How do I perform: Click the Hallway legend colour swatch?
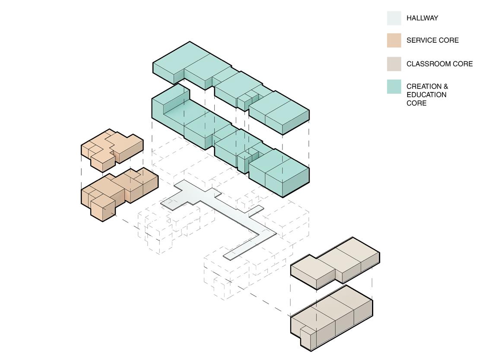point(394,18)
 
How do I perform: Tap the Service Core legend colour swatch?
point(394,41)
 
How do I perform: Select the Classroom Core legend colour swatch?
point(394,64)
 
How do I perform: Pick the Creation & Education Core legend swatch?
point(394,87)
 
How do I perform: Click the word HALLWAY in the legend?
point(422,18)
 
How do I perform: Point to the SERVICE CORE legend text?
point(432,41)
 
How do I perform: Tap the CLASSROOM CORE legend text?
point(440,64)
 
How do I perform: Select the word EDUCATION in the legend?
point(427,95)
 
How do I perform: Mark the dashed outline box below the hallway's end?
point(229,276)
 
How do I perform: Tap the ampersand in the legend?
point(445,86)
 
